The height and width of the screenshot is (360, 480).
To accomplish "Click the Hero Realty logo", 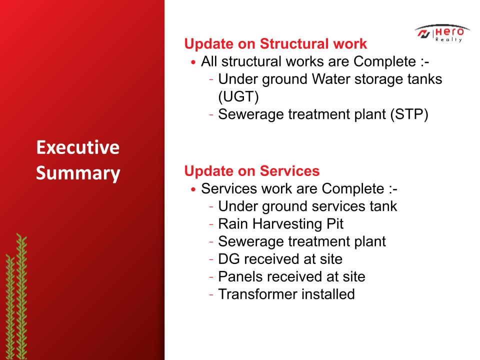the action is (x=442, y=33).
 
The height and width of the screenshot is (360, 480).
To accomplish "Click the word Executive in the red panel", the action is (x=78, y=147).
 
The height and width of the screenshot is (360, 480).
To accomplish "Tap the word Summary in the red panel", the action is (x=78, y=173).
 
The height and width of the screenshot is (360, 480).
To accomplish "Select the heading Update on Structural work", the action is (x=275, y=44).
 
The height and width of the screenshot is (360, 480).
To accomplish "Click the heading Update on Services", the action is (x=252, y=171).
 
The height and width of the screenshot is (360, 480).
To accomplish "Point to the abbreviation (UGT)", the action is (x=238, y=96).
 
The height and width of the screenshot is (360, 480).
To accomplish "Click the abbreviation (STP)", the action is (x=409, y=114).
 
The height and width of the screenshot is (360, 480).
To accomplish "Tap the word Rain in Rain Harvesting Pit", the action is (x=233, y=224).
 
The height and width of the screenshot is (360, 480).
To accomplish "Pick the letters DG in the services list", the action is (x=229, y=259).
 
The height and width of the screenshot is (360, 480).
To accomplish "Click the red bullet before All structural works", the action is (x=193, y=62).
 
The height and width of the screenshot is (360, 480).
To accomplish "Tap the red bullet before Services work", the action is (x=193, y=189).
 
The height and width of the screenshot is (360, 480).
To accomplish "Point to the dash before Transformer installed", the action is (x=211, y=295).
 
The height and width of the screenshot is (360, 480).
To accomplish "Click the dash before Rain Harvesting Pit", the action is (x=211, y=224).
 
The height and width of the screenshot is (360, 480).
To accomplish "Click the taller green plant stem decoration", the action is (x=21, y=296).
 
